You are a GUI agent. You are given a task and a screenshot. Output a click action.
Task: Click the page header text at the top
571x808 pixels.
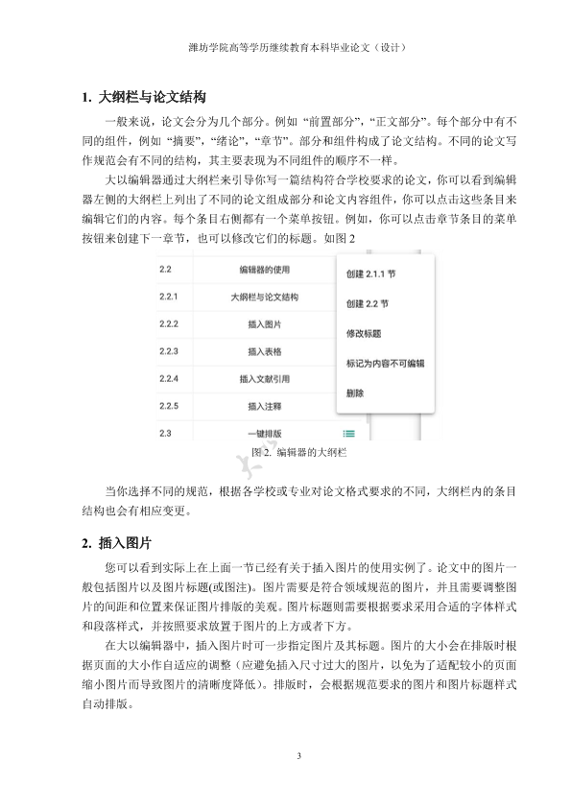point(285,45)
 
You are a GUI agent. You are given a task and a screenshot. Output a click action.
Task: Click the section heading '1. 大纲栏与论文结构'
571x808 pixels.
point(143,98)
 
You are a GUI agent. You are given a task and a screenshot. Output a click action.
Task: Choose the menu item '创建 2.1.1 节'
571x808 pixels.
point(370,273)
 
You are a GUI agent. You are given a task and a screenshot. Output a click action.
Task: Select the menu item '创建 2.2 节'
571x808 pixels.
point(366,303)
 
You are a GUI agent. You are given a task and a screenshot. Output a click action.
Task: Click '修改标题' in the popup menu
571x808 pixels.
point(362,334)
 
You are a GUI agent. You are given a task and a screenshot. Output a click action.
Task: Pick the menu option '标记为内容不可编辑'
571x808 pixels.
point(384,365)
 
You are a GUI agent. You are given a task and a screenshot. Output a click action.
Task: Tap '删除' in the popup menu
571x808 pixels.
point(354,393)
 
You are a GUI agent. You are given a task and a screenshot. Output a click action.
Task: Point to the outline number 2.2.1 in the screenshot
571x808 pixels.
point(170,297)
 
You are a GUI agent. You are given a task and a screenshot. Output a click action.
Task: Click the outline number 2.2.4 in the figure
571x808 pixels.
point(171,379)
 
